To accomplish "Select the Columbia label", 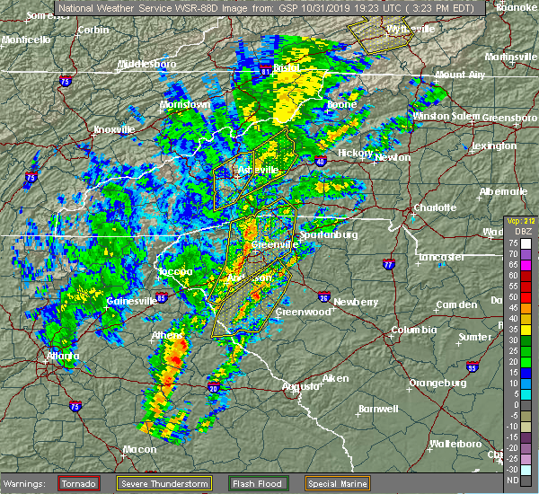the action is click(x=412, y=330).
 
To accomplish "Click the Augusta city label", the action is click(x=301, y=386).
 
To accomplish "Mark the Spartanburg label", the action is click(x=328, y=234).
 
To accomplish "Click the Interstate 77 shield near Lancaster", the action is click(x=388, y=265).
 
